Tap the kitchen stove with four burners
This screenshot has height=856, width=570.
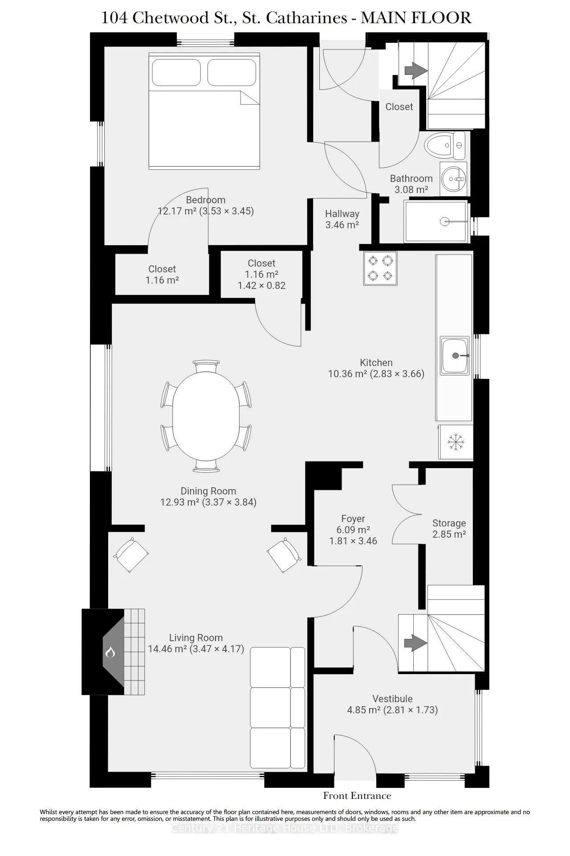point(380,268)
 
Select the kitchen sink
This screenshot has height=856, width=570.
point(455,355)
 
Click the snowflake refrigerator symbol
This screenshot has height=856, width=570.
point(456,442)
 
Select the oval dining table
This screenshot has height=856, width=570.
point(206,416)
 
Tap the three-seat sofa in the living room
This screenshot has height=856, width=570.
point(278,708)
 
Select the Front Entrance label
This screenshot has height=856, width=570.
point(357,796)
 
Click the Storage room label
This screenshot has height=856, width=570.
point(449,523)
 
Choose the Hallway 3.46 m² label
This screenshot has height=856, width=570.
point(342,219)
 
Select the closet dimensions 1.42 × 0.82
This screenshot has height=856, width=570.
point(261,285)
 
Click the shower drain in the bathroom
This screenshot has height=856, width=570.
point(444,221)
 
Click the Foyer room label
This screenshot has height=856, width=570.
point(353,519)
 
